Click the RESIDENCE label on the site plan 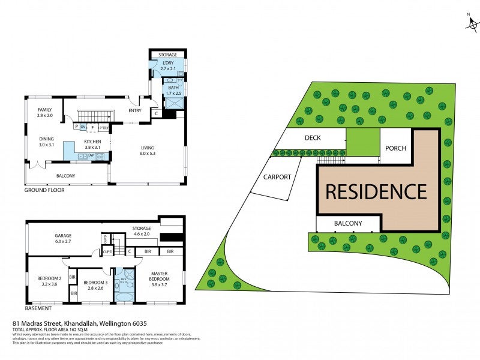pyautogui.click(x=376, y=191)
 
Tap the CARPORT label pyautogui.click(x=277, y=177)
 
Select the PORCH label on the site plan pyautogui.click(x=395, y=148)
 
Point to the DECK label pyautogui.click(x=313, y=138)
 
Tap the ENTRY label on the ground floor pyautogui.click(x=135, y=111)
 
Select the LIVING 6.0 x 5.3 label pyautogui.click(x=147, y=151)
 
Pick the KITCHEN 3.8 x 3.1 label pyautogui.click(x=92, y=145)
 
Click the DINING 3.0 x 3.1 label pyautogui.click(x=47, y=142)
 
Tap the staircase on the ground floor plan pyautogui.click(x=97, y=114)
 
